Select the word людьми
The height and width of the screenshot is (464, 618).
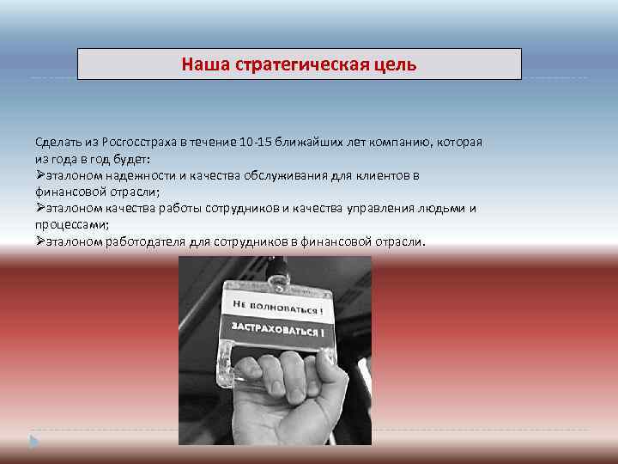[445, 208]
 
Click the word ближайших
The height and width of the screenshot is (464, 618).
[321, 141]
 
